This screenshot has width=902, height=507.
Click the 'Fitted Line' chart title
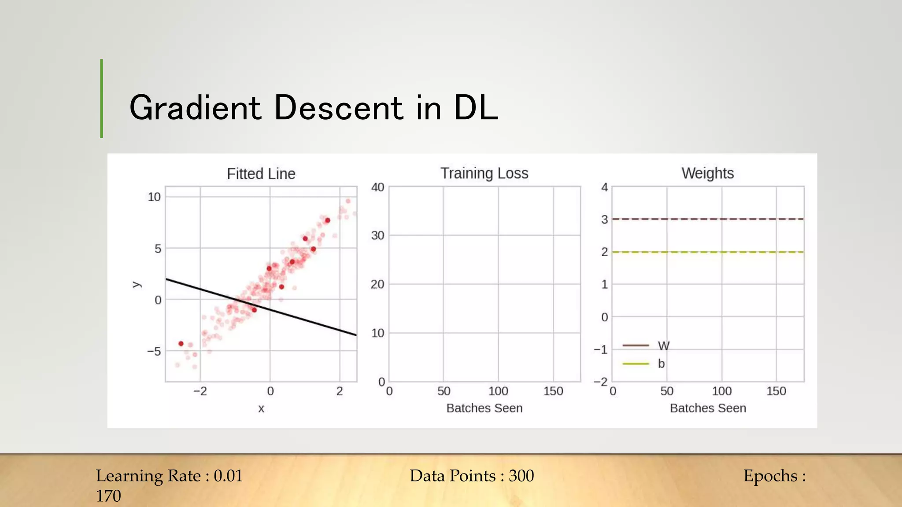pyautogui.click(x=261, y=174)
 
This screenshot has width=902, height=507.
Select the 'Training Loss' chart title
pyautogui.click(x=484, y=173)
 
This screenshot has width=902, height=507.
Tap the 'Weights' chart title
pyautogui.click(x=707, y=173)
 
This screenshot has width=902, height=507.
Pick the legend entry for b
pyautogui.click(x=644, y=364)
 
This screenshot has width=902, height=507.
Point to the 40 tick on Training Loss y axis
pyautogui.click(x=377, y=187)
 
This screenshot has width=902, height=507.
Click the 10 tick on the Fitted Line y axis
pyautogui.click(x=154, y=197)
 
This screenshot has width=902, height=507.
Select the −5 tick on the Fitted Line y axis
pyautogui.click(x=154, y=351)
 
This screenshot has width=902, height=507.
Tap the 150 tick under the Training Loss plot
pyautogui.click(x=553, y=391)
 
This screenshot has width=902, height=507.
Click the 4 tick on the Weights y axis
pyautogui.click(x=605, y=187)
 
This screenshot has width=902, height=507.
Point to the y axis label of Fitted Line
pyautogui.click(x=136, y=285)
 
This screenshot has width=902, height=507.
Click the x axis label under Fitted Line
pyautogui.click(x=261, y=409)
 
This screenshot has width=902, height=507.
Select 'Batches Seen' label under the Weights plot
pyautogui.click(x=708, y=408)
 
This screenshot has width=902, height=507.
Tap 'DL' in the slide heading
pyautogui.click(x=475, y=108)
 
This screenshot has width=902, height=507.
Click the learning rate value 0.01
pyautogui.click(x=228, y=476)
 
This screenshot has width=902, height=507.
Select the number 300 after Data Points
pyautogui.click(x=521, y=476)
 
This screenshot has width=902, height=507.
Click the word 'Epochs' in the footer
pyautogui.click(x=770, y=476)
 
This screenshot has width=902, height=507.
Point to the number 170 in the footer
pyautogui.click(x=108, y=496)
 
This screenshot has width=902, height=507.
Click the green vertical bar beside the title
pyautogui.click(x=101, y=99)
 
